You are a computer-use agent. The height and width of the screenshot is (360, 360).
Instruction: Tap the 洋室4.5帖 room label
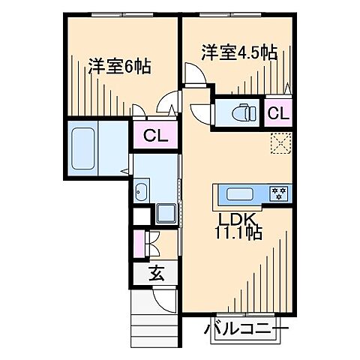click(239, 52)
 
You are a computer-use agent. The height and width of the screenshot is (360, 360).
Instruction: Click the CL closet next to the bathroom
click(155, 136)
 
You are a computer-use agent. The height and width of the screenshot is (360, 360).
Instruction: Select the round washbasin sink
click(142, 192)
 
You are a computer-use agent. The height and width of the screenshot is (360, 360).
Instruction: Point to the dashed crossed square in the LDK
click(280, 142)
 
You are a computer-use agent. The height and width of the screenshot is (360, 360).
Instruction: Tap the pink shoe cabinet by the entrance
click(139, 243)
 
